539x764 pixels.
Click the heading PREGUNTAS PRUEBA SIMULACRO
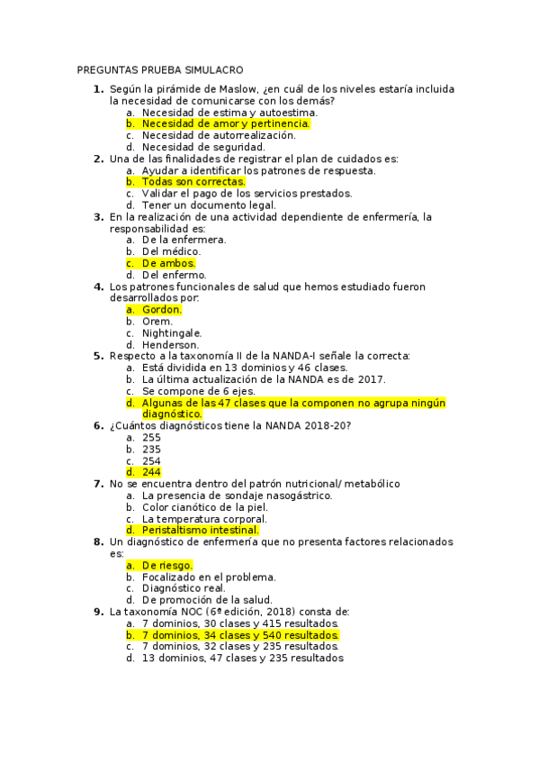(160, 70)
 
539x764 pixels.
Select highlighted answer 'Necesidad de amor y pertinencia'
(226, 123)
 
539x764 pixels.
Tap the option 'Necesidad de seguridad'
(203, 147)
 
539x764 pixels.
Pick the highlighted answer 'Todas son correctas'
(193, 182)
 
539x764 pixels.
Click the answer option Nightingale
(172, 332)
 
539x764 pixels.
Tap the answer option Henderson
(171, 344)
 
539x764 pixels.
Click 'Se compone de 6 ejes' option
(198, 391)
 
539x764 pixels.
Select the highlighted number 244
(151, 472)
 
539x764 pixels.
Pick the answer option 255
(151, 437)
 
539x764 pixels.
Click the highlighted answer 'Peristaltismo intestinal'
(200, 530)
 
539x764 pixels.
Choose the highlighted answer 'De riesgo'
(167, 565)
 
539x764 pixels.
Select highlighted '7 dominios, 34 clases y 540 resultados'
(240, 635)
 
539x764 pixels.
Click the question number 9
(98, 612)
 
